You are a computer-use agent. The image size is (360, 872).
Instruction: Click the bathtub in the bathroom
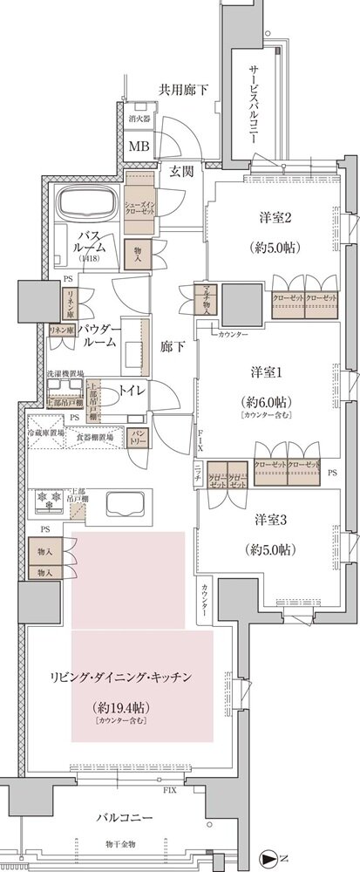pyautogui.click(x=89, y=207)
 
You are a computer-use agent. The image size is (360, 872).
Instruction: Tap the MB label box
pyautogui.click(x=139, y=146)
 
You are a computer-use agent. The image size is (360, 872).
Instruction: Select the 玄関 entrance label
pyautogui.click(x=181, y=171)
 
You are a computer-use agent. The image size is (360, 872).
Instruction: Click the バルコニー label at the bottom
pyautogui.click(x=126, y=818)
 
